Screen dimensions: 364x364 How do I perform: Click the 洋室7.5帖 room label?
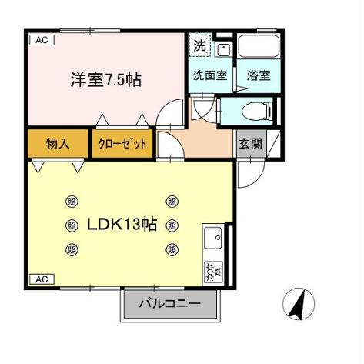(106, 78)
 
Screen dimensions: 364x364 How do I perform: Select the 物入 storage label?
(58, 143)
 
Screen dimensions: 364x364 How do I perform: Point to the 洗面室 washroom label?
(209, 76)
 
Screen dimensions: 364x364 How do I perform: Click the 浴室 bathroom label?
(258, 76)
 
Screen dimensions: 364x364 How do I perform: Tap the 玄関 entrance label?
(247, 143)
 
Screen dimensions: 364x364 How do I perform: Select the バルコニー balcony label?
(170, 304)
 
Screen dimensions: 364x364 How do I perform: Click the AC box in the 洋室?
(42, 41)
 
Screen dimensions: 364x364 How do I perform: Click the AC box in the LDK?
(42, 278)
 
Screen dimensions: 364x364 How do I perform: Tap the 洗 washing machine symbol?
(199, 45)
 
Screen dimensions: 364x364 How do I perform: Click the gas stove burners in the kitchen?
(213, 271)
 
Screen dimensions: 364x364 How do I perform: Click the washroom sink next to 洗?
(222, 51)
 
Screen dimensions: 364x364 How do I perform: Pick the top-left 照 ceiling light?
(72, 202)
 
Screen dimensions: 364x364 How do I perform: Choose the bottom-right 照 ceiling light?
(172, 248)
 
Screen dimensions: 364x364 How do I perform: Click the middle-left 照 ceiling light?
(72, 225)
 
